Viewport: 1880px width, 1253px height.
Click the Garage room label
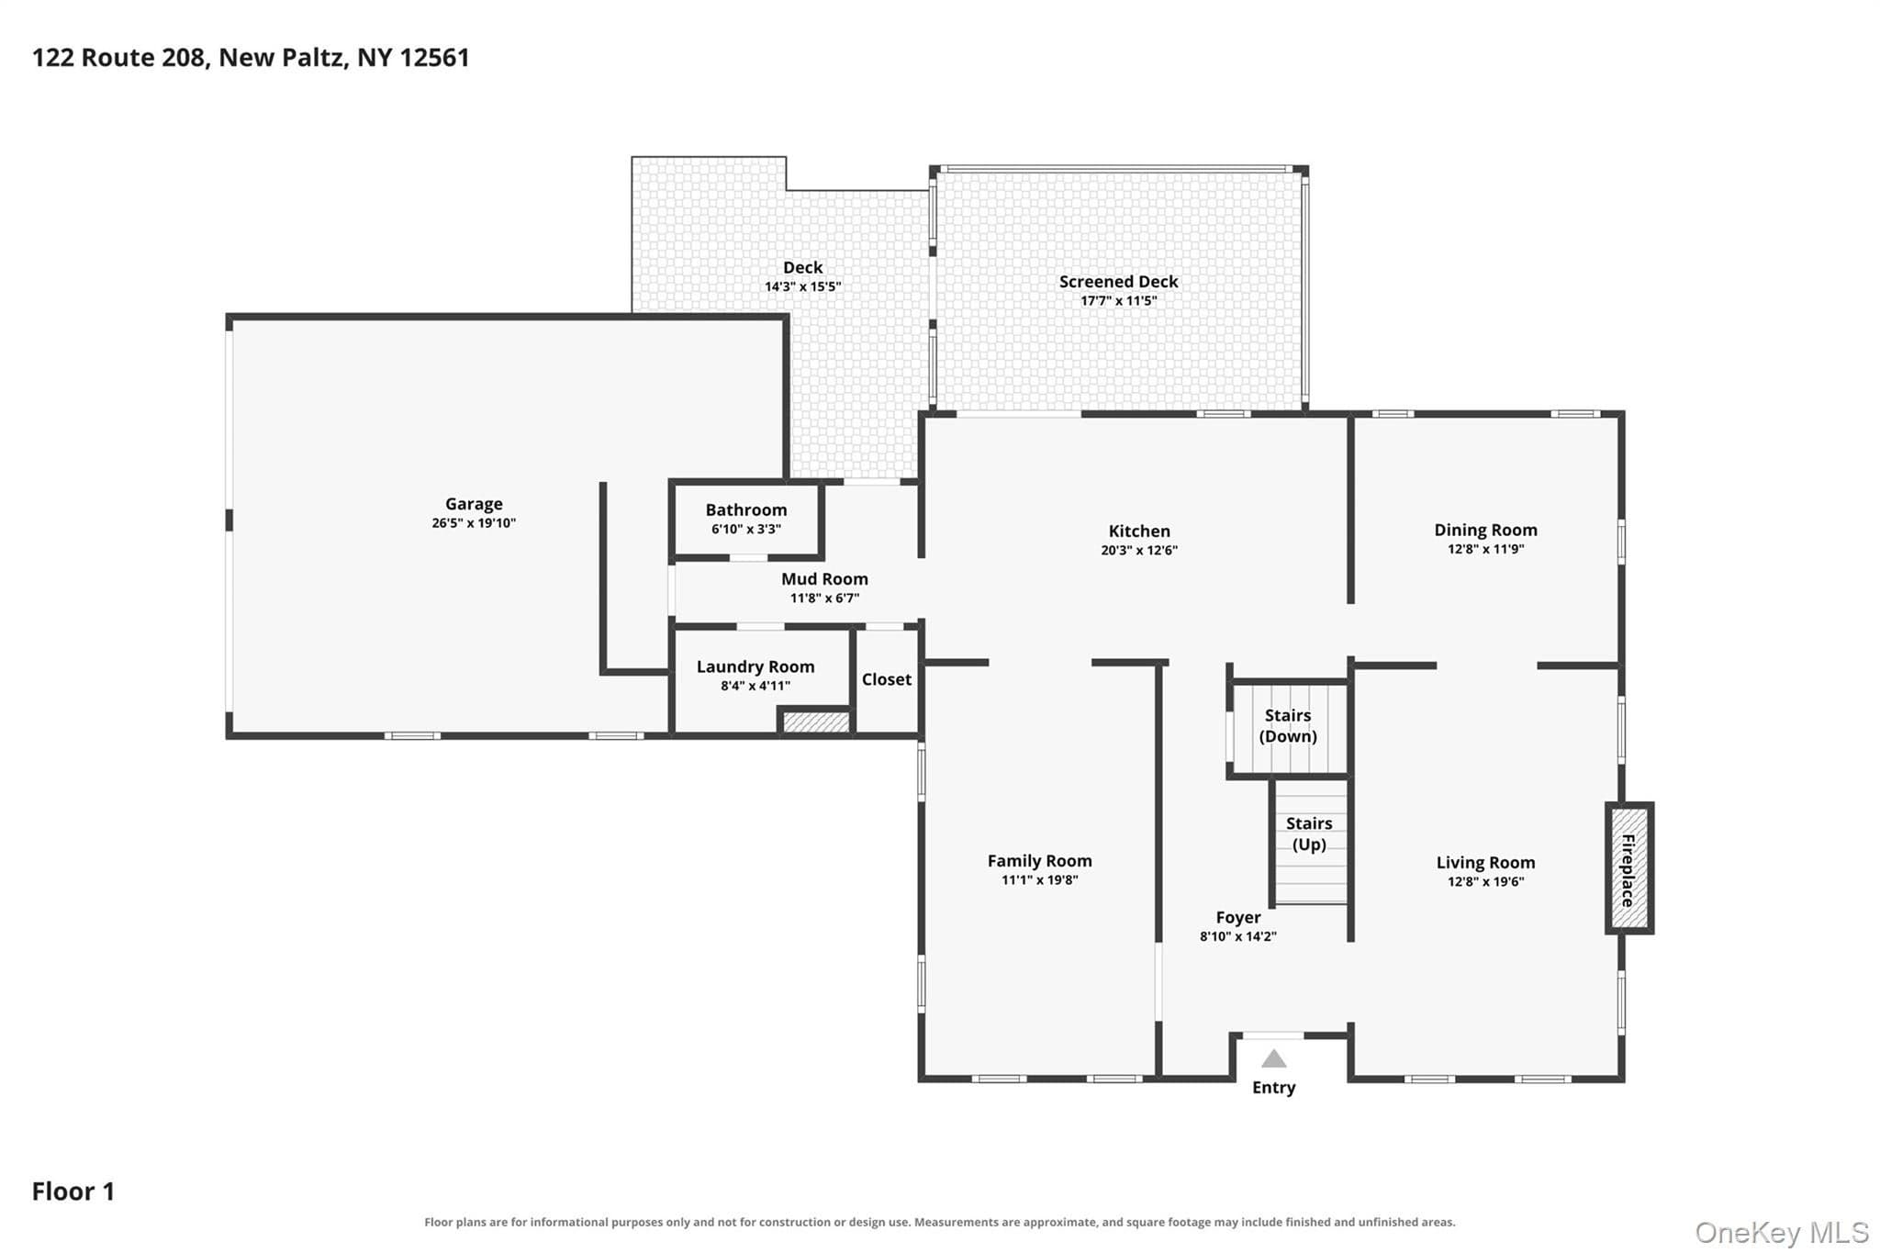[474, 504]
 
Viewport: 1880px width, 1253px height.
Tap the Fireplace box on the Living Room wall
[1629, 868]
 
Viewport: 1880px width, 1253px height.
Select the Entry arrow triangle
[1273, 1058]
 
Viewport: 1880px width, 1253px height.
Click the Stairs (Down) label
[1288, 725]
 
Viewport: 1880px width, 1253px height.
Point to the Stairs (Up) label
[1309, 833]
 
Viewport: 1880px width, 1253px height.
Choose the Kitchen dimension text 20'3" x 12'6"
[1139, 551]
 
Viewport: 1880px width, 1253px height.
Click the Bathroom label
[746, 509]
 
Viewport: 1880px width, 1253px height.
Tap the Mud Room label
[824, 579]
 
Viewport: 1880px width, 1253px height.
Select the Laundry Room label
[755, 667]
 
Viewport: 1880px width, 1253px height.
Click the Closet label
[887, 679]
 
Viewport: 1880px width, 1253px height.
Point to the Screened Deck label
[1118, 282]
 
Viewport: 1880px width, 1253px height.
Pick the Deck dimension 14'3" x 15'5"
[803, 286]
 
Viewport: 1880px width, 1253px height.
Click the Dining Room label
[1485, 530]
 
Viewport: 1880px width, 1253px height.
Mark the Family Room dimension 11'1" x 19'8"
[1039, 880]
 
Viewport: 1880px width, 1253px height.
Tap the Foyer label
[1238, 918]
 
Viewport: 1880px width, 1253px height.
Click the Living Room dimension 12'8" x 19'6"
[1485, 882]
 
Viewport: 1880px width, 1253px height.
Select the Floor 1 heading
[73, 1191]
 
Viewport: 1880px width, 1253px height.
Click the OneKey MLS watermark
[1782, 1232]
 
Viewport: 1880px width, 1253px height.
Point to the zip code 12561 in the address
[435, 58]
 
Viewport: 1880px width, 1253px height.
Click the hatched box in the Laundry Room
[815, 722]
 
